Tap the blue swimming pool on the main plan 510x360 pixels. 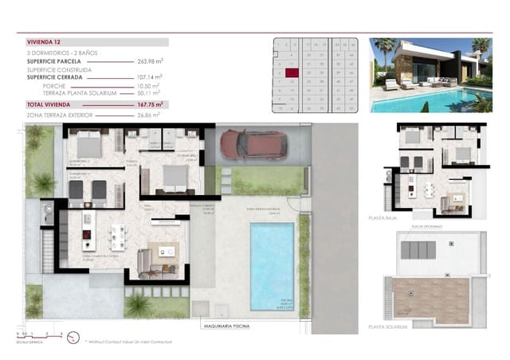273,265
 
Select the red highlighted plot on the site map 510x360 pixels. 292,72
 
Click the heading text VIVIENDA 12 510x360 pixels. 45,42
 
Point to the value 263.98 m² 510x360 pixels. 150,60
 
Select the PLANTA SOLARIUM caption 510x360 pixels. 388,326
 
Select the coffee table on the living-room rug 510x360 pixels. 168,252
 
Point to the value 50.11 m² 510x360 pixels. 150,93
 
